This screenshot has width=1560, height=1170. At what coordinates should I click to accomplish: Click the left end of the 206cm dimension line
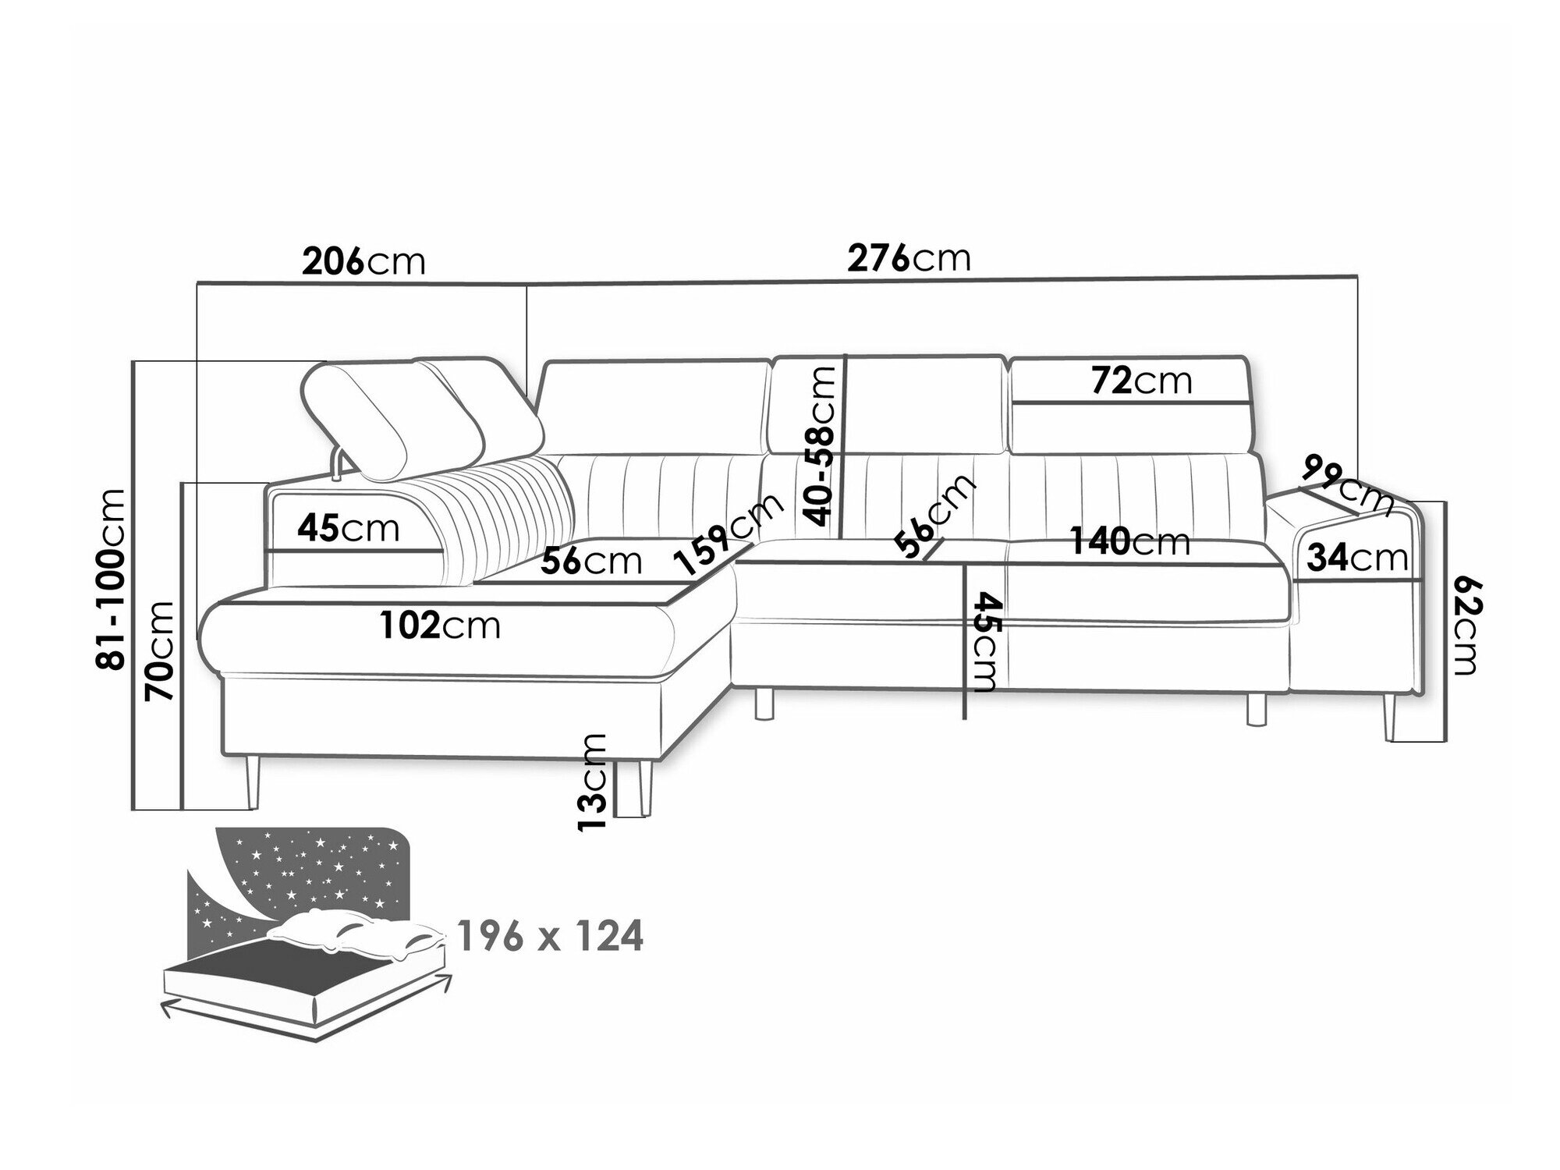tap(197, 284)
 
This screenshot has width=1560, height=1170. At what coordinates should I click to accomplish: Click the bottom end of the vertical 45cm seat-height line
tap(966, 718)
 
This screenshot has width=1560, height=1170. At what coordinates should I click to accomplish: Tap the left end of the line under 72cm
tap(1011, 402)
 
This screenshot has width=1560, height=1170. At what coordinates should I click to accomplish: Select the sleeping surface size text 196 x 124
tap(551, 936)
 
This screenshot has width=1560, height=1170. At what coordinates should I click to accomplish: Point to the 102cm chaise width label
tap(440, 626)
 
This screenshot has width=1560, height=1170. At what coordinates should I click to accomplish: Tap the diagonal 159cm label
tap(730, 534)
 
